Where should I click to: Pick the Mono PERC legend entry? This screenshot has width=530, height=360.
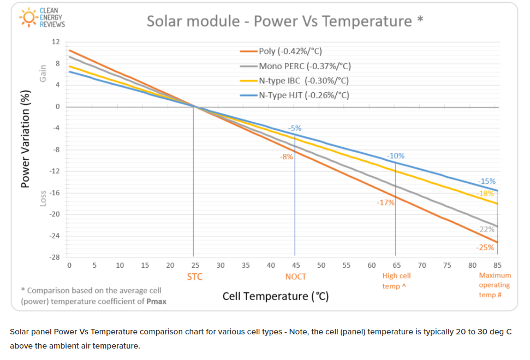coord(304,66)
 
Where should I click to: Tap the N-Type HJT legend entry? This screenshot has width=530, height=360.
coord(303,95)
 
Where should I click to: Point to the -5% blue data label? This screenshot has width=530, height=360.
coord(295,128)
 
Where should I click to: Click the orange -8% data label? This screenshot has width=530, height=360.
coord(287,157)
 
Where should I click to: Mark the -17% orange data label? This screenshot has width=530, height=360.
coord(385,202)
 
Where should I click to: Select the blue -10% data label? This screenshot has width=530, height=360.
coord(396,155)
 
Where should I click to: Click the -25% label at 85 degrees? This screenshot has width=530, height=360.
coord(485,247)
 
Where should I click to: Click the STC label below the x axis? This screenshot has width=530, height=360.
coord(194,277)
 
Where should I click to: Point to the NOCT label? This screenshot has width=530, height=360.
coord(296,277)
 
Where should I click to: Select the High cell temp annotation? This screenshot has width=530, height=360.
coord(396,281)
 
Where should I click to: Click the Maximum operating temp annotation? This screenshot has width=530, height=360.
coord(495,285)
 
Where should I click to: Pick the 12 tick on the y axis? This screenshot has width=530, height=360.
coord(56,42)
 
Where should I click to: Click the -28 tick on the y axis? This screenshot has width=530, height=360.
coord(55,257)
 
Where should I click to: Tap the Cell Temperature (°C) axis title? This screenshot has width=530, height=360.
coord(275,296)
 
